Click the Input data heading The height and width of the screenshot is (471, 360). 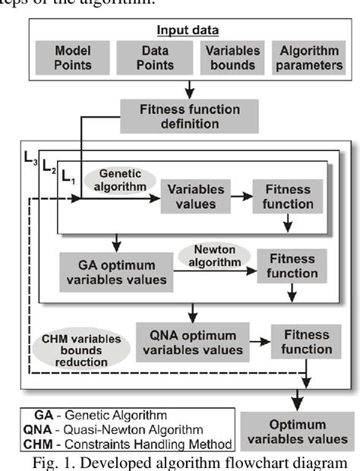click(x=188, y=31)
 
